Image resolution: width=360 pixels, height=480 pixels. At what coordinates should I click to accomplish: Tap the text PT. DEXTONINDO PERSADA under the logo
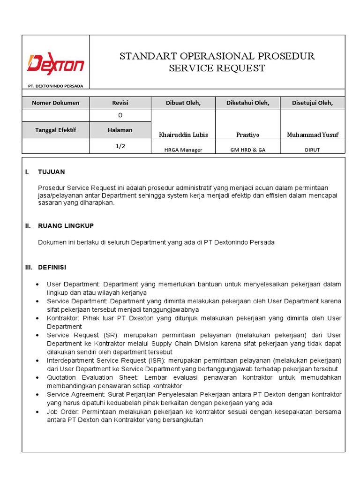tap(55, 86)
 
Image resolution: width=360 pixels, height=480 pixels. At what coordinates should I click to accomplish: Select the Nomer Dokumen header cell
tap(55, 103)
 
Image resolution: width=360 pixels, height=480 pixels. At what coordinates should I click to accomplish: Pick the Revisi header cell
tap(120, 103)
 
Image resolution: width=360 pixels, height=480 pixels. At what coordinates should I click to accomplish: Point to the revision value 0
tap(120, 115)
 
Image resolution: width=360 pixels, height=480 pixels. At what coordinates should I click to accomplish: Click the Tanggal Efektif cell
tap(55, 130)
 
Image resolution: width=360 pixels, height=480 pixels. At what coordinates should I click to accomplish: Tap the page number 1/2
tap(120, 146)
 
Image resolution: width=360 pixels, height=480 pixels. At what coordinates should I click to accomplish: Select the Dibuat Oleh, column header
tap(183, 103)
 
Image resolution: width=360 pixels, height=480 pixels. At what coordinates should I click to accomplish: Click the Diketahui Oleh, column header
tap(247, 103)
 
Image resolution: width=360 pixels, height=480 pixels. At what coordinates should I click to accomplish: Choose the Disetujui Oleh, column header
tap(312, 103)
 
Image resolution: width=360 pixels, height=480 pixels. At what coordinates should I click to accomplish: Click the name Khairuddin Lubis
tap(183, 135)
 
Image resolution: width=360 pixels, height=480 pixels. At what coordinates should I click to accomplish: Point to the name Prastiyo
tap(247, 135)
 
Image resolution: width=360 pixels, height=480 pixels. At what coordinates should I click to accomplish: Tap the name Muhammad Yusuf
tap(312, 135)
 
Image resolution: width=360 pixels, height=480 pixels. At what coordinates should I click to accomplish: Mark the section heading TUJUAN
tap(52, 172)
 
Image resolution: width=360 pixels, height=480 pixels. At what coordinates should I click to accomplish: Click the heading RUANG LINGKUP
tap(66, 226)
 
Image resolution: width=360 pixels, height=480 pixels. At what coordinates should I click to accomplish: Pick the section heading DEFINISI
tap(52, 267)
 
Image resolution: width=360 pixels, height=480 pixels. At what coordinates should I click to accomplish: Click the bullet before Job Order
tap(37, 412)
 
